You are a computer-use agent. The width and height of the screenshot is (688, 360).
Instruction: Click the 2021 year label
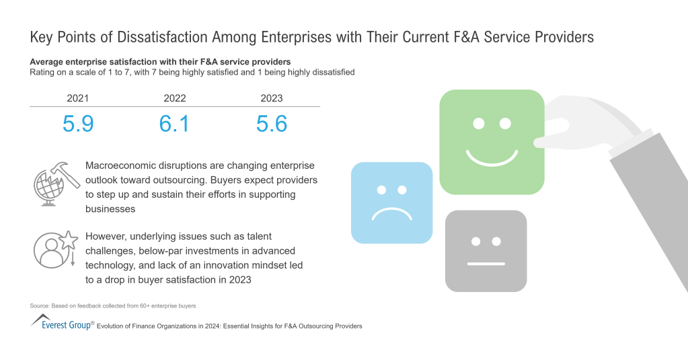click(x=77, y=98)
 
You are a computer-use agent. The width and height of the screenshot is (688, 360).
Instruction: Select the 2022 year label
click(x=174, y=98)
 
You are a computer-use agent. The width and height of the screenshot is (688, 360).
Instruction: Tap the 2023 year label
click(x=271, y=98)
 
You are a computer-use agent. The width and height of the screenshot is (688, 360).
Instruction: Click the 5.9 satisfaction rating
click(x=78, y=124)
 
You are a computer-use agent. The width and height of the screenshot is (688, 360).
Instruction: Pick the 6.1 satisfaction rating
click(x=174, y=124)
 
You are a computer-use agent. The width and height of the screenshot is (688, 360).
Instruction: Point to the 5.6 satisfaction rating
click(x=272, y=124)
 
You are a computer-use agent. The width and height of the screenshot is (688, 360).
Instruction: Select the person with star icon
click(x=54, y=250)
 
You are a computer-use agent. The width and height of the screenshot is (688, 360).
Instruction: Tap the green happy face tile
click(x=491, y=142)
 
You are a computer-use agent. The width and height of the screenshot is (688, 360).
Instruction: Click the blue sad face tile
click(x=391, y=203)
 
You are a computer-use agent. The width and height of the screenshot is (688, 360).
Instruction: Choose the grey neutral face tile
click(x=486, y=251)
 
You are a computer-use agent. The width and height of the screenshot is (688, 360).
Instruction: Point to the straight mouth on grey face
click(x=486, y=264)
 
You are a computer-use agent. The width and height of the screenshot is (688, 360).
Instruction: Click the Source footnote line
click(x=113, y=306)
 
